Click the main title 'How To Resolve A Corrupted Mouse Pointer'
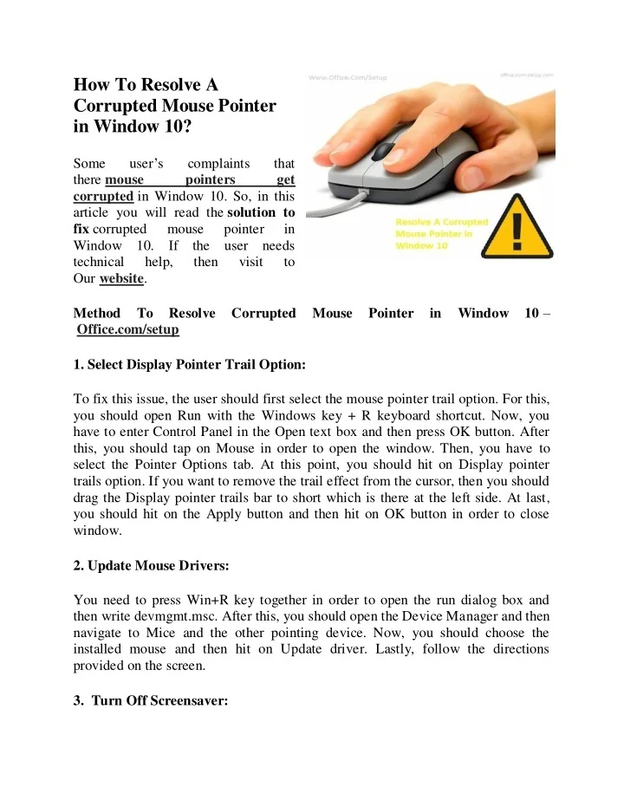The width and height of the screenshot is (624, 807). pyautogui.click(x=174, y=106)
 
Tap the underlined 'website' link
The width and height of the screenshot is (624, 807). pyautogui.click(x=122, y=279)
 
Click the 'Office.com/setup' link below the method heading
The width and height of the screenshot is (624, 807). pyautogui.click(x=127, y=329)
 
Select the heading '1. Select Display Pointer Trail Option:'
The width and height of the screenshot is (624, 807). pyautogui.click(x=190, y=365)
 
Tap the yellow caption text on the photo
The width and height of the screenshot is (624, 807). pyautogui.click(x=441, y=234)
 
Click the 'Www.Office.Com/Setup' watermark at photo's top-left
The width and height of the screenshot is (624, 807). pyautogui.click(x=348, y=78)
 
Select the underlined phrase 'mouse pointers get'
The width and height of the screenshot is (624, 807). pyautogui.click(x=200, y=179)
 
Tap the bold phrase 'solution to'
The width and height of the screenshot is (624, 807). pyautogui.click(x=261, y=212)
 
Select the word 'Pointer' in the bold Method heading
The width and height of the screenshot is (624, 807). pyautogui.click(x=390, y=313)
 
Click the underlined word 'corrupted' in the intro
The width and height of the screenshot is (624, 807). pyautogui.click(x=103, y=196)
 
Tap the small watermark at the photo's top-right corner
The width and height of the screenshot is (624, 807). pyautogui.click(x=527, y=75)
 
